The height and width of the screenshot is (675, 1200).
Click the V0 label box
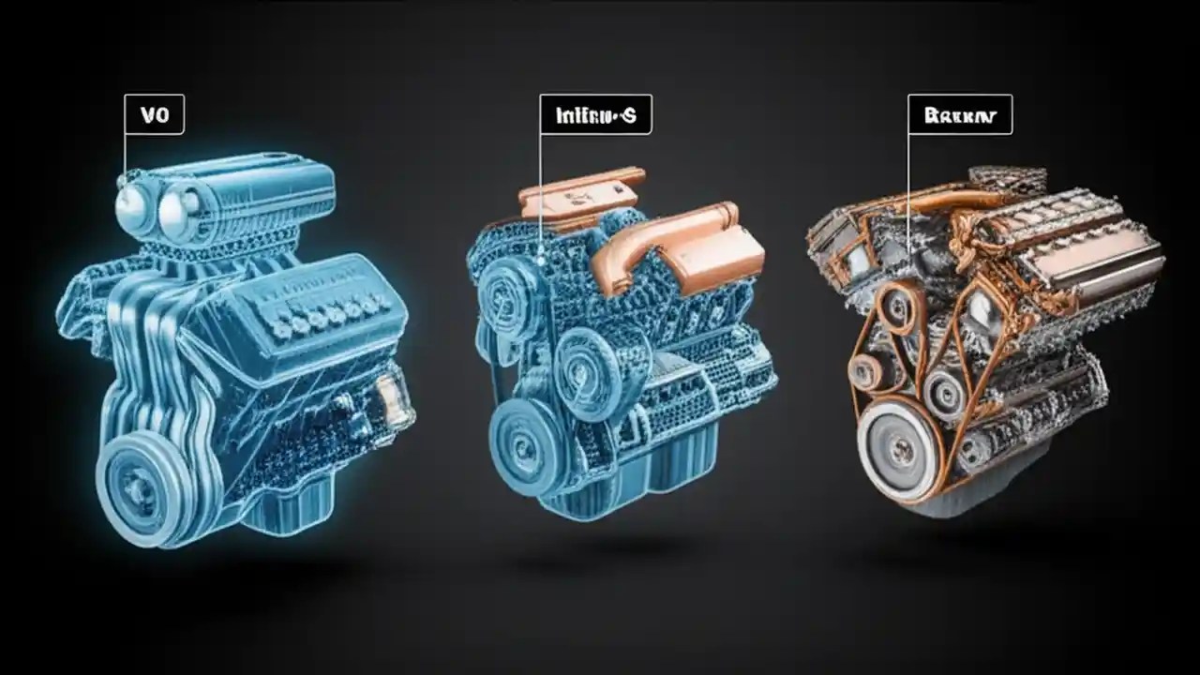154,114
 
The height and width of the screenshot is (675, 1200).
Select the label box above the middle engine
595,114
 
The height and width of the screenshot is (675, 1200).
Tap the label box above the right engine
959,114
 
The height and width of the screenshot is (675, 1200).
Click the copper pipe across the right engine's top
937,201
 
